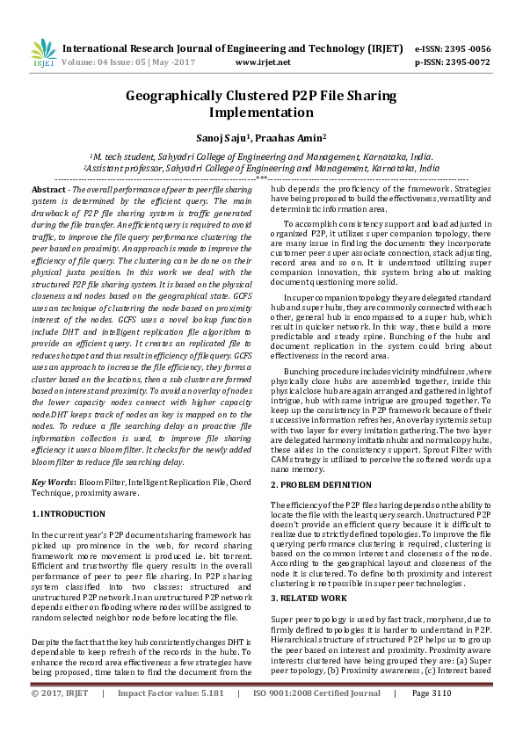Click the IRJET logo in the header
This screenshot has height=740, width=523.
42,54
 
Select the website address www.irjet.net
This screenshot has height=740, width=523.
264,63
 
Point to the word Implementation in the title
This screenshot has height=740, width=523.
261,112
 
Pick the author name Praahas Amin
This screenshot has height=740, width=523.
295,137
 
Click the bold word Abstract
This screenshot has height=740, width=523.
48,189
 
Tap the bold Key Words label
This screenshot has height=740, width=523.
52,482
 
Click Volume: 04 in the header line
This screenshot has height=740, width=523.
87,63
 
